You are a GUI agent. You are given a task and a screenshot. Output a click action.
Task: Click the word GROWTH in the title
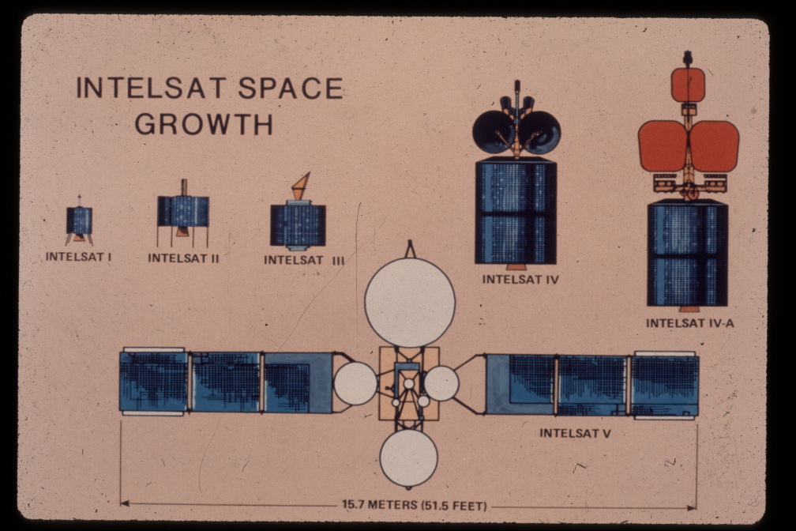204,124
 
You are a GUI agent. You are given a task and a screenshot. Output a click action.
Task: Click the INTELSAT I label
77,257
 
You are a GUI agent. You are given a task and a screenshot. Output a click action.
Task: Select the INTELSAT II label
183,258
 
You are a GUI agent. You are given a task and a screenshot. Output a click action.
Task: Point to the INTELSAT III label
304,259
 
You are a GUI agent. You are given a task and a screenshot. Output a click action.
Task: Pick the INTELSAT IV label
520,279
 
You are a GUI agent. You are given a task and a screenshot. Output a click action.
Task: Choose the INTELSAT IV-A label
689,322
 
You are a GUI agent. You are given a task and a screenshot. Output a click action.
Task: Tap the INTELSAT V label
575,433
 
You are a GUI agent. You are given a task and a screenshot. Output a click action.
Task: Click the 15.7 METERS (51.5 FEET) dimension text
414,505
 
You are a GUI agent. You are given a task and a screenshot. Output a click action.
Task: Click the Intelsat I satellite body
79,220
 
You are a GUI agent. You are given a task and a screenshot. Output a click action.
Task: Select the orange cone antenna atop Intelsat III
301,186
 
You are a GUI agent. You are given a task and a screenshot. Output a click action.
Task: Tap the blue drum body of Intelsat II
183,211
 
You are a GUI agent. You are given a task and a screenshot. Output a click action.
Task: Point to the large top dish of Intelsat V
410,302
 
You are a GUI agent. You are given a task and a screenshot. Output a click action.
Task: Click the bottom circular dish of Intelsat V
408,458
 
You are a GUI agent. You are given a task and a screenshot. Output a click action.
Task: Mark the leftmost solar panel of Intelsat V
153,381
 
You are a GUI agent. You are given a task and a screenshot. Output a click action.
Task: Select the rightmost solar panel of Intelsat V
665,384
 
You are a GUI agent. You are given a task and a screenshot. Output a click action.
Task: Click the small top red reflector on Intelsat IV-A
688,85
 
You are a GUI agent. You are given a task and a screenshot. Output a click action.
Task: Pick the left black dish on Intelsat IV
493,132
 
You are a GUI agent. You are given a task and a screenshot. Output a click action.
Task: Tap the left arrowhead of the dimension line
124,503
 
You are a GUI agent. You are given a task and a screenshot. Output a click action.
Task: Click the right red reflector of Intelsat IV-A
715,146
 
